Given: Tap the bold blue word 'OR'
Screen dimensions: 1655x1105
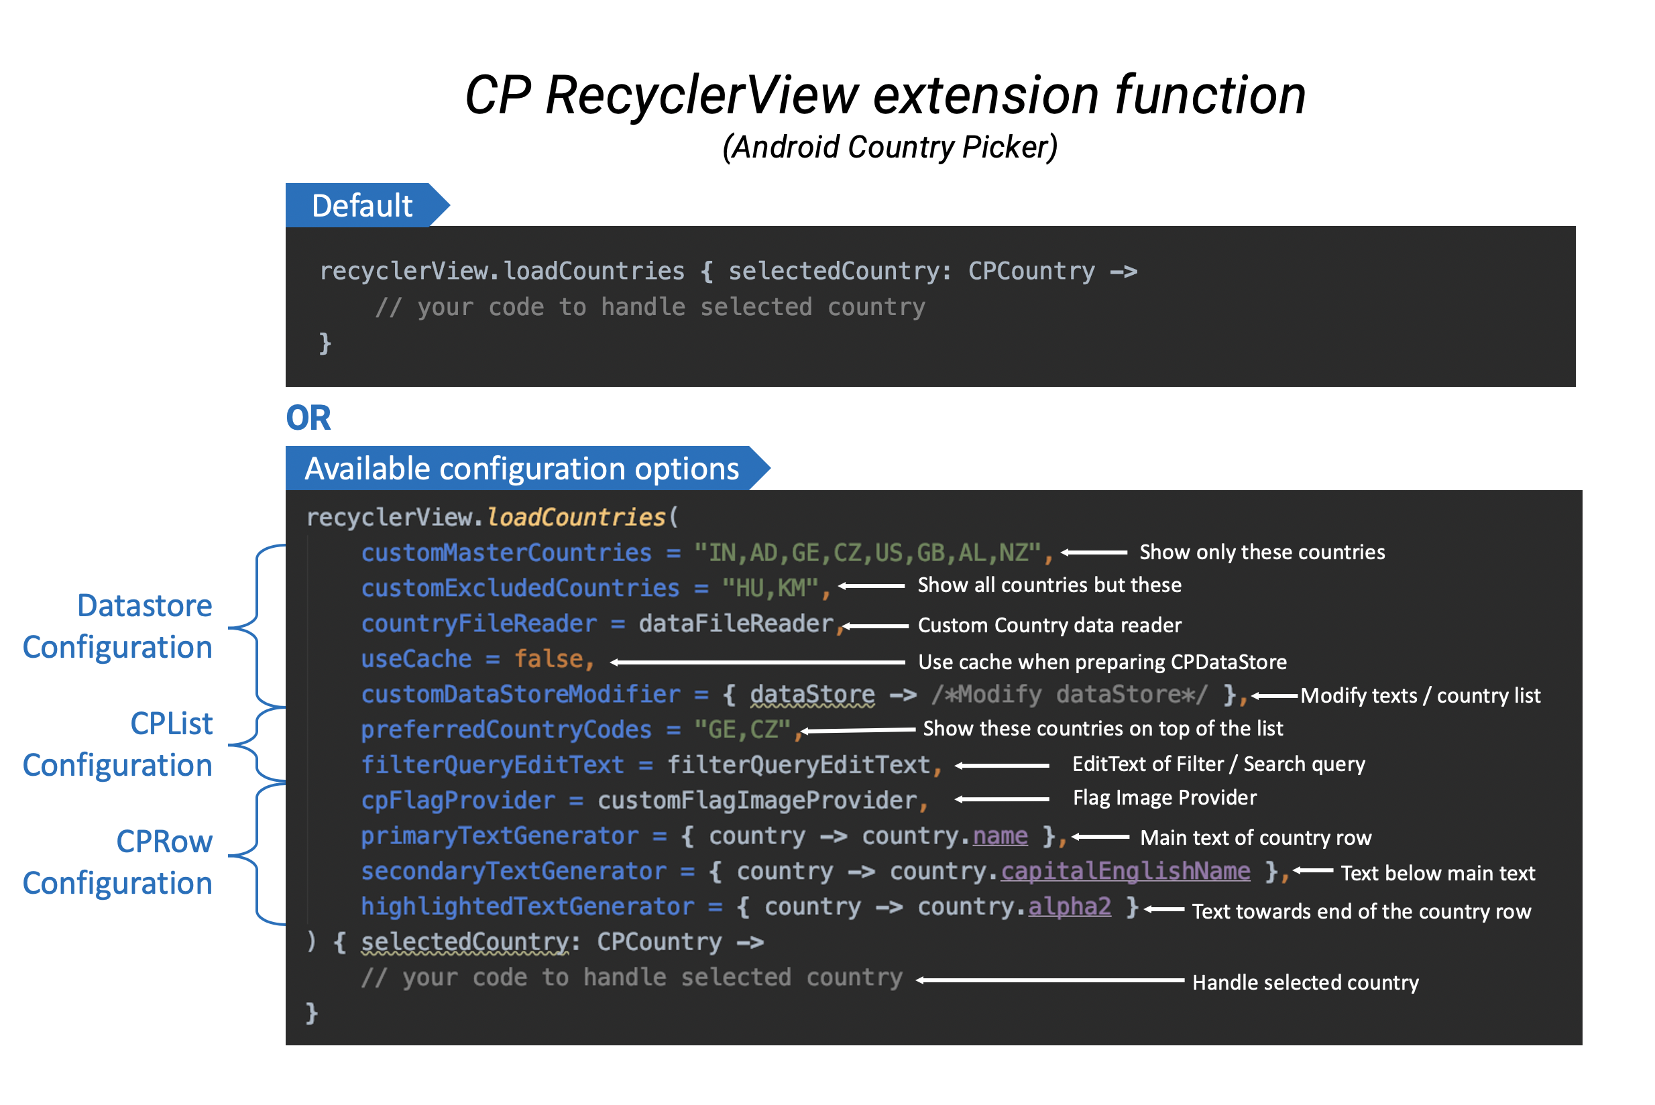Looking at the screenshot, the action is pyautogui.click(x=308, y=418).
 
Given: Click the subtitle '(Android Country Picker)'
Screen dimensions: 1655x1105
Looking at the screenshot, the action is pyautogui.click(x=889, y=148).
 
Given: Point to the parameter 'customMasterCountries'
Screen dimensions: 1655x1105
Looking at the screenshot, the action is pyautogui.click(x=506, y=553).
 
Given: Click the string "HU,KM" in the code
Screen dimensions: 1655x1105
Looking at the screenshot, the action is pyautogui.click(x=771, y=589).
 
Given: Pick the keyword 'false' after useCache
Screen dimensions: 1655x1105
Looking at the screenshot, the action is pyautogui.click(x=549, y=659).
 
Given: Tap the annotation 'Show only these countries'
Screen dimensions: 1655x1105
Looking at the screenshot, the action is pyautogui.click(x=1261, y=552).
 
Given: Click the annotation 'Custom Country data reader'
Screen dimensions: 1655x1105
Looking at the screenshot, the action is pyautogui.click(x=1049, y=625).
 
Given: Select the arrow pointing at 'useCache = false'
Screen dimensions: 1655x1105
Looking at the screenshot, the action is pyautogui.click(x=758, y=662).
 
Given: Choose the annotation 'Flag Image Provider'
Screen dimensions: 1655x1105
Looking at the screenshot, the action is pyautogui.click(x=1164, y=797).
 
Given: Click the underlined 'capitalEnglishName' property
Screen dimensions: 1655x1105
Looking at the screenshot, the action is pyautogui.click(x=1125, y=872).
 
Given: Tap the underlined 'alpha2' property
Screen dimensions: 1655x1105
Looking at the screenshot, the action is pyautogui.click(x=1070, y=907).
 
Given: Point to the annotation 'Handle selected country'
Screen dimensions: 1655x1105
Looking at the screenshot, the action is pyautogui.click(x=1306, y=982).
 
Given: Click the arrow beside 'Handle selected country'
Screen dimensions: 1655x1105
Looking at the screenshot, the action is pyautogui.click(x=1050, y=980).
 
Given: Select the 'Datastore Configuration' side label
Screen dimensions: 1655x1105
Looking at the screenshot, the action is pyautogui.click(x=118, y=626).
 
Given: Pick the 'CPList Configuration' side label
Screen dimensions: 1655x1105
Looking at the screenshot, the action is pyautogui.click(x=118, y=744).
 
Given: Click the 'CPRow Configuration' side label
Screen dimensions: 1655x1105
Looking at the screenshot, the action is pyautogui.click(x=118, y=862).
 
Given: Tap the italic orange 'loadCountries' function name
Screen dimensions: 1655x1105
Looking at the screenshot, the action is pyautogui.click(x=576, y=517).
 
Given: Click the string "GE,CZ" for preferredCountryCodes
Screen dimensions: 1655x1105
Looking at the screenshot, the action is pyautogui.click(x=743, y=730).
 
